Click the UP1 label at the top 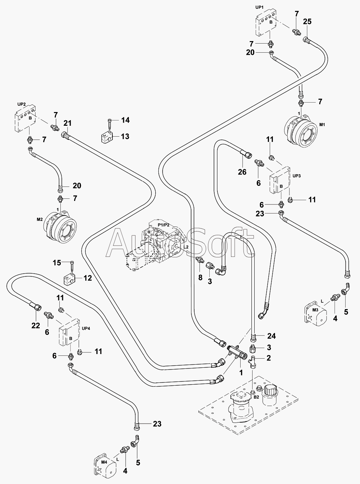(260, 7)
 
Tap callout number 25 (307, 22)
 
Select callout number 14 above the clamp (125, 120)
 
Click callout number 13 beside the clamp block (125, 136)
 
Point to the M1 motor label (322, 125)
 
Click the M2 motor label (39, 220)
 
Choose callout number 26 (242, 172)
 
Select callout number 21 (67, 123)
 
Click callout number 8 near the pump (200, 277)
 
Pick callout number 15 (57, 263)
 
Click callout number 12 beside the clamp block (87, 278)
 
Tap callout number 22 (36, 326)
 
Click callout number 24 (271, 336)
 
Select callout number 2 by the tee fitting (269, 358)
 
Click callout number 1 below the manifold (241, 373)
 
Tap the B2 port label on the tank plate (256, 397)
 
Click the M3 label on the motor (315, 310)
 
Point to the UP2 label (21, 104)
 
